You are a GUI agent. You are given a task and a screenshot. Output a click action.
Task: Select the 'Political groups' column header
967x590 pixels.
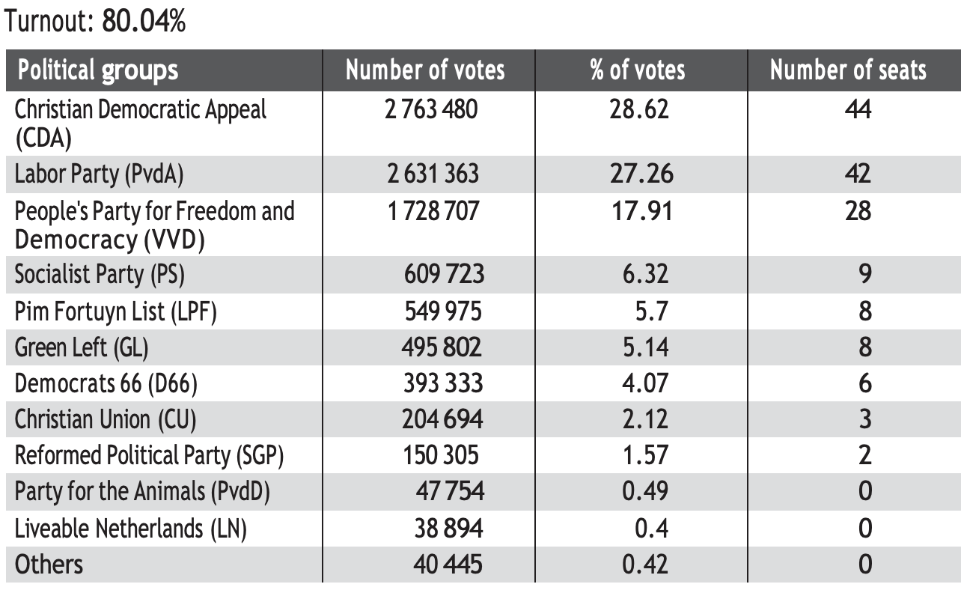point(98,70)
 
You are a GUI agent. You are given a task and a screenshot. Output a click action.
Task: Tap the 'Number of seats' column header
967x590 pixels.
point(848,70)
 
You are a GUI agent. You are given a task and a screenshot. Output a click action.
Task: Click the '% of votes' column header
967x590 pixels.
point(637,70)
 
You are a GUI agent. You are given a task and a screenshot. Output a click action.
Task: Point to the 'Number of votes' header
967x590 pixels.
point(425,70)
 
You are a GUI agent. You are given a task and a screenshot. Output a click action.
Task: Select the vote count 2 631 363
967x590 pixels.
point(433,174)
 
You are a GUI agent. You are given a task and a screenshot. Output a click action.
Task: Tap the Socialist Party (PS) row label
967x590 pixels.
point(100,274)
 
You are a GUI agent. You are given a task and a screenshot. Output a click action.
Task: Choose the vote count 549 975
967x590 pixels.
point(443,311)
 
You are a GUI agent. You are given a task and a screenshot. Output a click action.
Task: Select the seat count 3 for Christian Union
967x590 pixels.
point(864,419)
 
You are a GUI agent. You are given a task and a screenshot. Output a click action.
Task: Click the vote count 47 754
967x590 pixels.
point(449,491)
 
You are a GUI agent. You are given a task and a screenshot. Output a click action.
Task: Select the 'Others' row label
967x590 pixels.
point(49,564)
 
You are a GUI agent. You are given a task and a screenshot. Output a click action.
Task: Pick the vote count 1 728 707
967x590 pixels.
point(433,211)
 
